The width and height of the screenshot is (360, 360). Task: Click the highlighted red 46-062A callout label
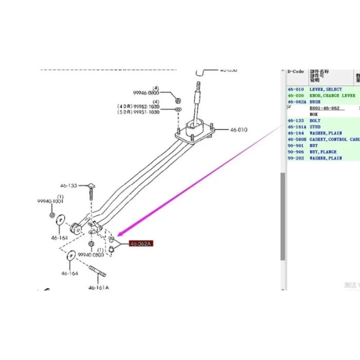[140, 244]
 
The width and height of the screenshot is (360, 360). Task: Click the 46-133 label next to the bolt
[69, 185]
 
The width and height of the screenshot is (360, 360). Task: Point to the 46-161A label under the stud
[99, 287]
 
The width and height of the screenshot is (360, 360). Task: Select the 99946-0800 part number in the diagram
[146, 93]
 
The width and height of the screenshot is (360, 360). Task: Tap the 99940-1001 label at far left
[49, 202]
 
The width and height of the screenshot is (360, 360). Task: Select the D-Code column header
[296, 72]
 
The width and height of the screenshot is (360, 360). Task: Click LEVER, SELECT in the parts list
[326, 89]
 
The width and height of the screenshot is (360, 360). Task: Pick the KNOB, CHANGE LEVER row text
[332, 96]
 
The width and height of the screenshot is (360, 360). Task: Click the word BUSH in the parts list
[315, 102]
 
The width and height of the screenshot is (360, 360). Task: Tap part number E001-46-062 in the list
[325, 109]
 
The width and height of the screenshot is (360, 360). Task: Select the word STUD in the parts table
[315, 127]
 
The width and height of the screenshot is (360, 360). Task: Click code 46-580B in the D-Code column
[297, 139]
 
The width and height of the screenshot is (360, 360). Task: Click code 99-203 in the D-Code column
[295, 158]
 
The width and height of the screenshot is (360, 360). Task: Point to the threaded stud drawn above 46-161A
[98, 271]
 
